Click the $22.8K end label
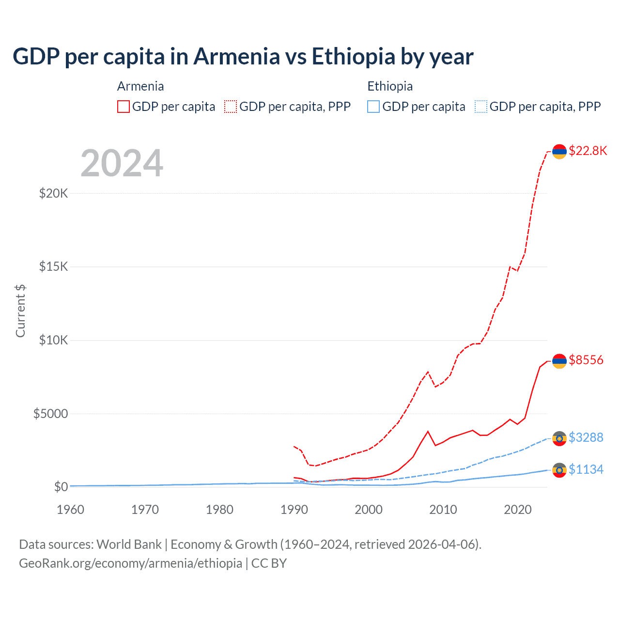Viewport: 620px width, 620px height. point(588,151)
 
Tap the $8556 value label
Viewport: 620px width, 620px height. point(586,360)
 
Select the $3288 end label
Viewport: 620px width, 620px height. point(586,437)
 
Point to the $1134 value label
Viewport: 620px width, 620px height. point(586,469)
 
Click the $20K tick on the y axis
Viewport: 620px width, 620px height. point(53,194)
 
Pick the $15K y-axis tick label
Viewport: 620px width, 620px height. point(53,267)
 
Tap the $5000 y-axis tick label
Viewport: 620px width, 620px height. point(50,414)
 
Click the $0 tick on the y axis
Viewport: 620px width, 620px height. point(61,487)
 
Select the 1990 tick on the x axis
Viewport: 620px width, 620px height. point(294,510)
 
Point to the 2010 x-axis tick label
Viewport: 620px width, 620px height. point(443,510)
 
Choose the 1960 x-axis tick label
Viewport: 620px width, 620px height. point(71,510)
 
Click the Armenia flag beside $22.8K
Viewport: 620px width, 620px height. point(559,152)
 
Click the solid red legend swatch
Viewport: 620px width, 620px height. point(124,107)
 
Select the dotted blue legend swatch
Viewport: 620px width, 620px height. point(481,107)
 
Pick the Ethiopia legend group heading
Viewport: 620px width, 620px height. point(390,86)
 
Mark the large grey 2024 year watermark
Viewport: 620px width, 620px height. point(122,163)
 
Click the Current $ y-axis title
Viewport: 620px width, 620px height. point(20,311)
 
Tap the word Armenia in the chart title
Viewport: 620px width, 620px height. point(237,57)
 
